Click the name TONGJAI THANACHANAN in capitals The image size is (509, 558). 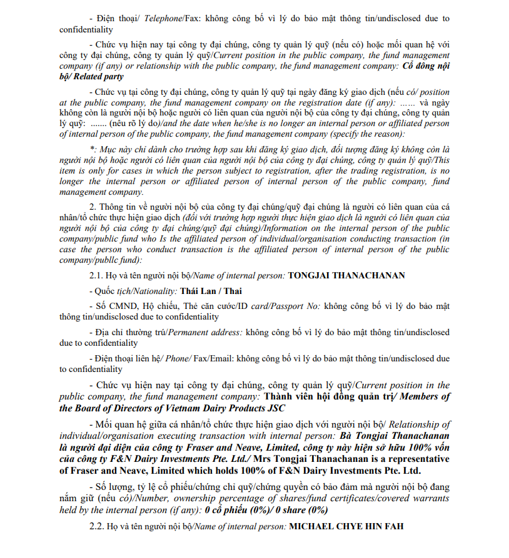pos(346,275)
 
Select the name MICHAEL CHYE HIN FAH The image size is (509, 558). pos(346,526)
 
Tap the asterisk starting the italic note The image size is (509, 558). pos(93,150)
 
